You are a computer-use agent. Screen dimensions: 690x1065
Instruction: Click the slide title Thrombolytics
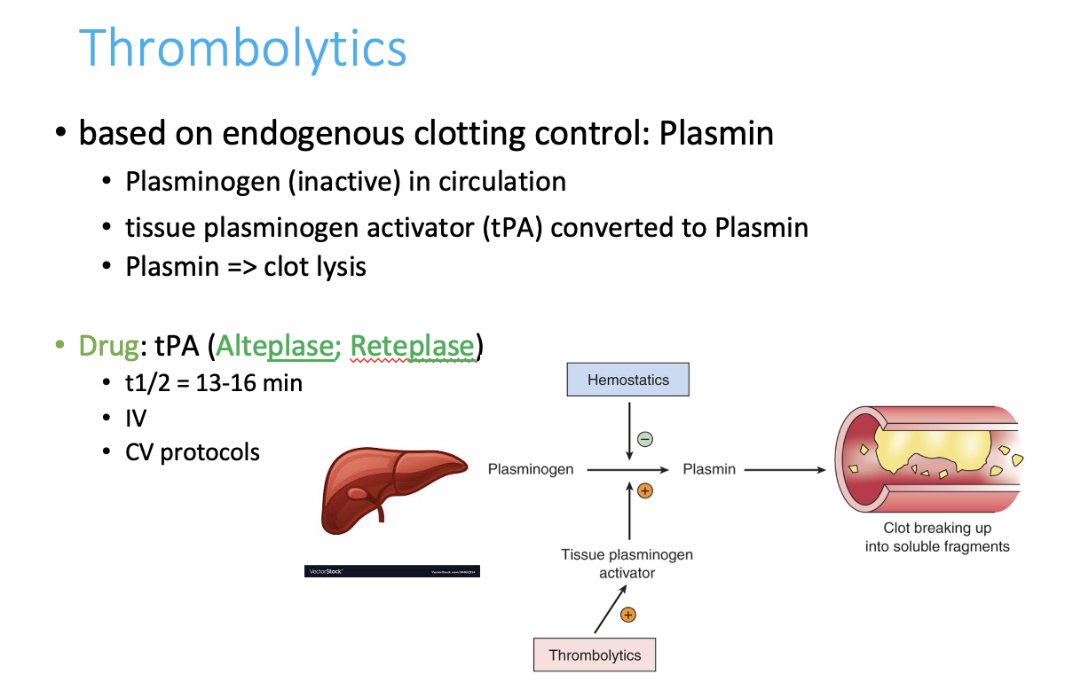coord(242,48)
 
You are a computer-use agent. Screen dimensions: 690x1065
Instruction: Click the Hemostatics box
coord(628,380)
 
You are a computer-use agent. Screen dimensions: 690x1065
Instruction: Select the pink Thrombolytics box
coord(595,655)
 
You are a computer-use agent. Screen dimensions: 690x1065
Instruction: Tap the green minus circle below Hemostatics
coord(645,439)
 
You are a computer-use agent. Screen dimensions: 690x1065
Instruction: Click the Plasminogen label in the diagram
coord(531,469)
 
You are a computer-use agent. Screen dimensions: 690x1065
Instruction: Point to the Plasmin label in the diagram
coord(709,469)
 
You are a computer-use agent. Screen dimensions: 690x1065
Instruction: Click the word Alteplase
coord(273,345)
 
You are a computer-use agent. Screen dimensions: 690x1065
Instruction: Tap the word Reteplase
coord(412,345)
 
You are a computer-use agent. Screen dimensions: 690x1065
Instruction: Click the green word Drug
coord(108,345)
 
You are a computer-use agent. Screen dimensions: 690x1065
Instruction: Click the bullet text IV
coord(136,417)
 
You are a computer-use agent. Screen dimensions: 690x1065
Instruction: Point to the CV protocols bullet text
coord(193,452)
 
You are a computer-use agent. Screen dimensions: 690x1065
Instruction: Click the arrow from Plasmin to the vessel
coord(785,470)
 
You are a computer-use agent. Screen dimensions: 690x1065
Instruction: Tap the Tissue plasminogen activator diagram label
coord(627,563)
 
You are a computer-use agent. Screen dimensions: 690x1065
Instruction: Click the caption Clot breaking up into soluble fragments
coord(937,537)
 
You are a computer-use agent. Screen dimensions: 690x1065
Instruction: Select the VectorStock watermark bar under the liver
coord(391,572)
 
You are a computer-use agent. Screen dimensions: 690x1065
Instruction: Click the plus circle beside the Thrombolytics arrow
coord(628,614)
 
